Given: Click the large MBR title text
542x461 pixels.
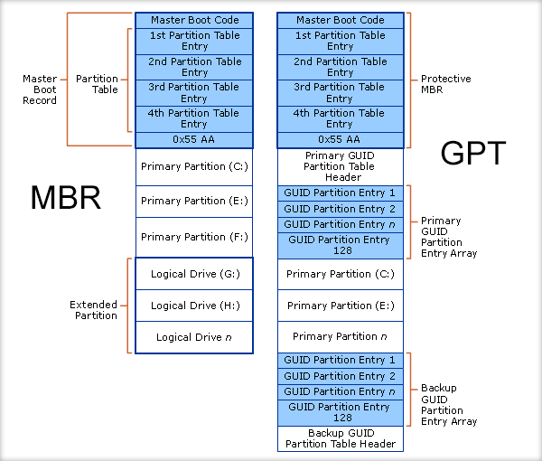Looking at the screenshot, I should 65,198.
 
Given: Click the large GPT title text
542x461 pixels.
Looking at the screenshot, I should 473,154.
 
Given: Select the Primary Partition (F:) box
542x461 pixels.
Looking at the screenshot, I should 194,237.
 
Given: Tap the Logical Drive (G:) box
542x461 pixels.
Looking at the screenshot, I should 194,274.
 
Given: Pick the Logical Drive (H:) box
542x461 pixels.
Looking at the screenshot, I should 194,306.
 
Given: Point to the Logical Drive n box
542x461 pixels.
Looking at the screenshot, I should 194,337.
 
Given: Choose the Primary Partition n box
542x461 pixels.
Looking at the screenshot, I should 341,336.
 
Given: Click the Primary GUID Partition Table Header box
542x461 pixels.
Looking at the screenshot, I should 341,166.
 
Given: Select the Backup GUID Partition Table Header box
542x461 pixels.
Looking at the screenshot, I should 341,438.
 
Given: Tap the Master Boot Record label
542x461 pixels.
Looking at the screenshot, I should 40,89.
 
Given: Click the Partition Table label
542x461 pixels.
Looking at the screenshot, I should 97,84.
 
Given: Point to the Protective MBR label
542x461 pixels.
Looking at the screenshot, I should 446,84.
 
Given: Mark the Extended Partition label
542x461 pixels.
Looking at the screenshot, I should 94,310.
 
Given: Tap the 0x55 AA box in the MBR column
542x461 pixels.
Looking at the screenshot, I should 194,139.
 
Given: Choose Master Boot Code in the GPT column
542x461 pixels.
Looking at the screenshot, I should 341,20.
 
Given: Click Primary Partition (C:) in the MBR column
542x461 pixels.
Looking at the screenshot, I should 194,166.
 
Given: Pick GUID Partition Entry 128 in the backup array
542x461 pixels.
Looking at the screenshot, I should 341,412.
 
